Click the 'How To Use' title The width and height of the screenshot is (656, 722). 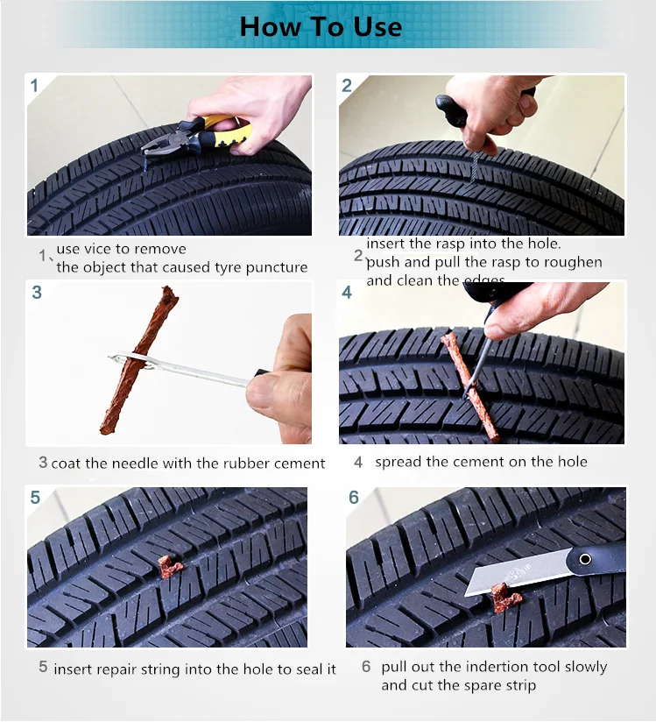tap(321, 26)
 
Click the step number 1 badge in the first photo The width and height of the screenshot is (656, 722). tap(35, 86)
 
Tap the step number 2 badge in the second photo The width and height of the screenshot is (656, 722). tap(348, 86)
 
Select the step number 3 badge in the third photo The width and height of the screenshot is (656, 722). tap(37, 293)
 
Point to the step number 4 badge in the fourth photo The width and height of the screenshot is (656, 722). tap(348, 293)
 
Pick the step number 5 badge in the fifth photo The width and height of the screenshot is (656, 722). tap(35, 498)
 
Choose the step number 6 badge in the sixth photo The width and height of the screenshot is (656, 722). tap(354, 498)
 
